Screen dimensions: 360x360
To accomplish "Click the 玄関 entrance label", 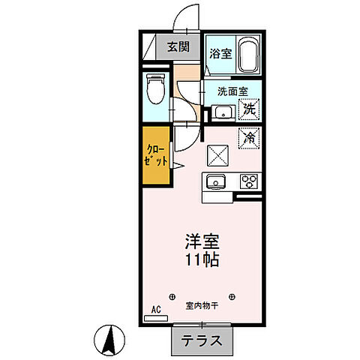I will pos(178,47).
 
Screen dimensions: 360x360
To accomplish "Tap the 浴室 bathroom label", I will pos(220,54).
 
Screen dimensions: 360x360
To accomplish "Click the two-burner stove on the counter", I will pos(248,181).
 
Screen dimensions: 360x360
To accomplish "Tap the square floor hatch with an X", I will pos(220,154).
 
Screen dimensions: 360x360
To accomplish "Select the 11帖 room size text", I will pos(202,262).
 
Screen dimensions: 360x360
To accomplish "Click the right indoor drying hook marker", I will pos(233,293).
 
